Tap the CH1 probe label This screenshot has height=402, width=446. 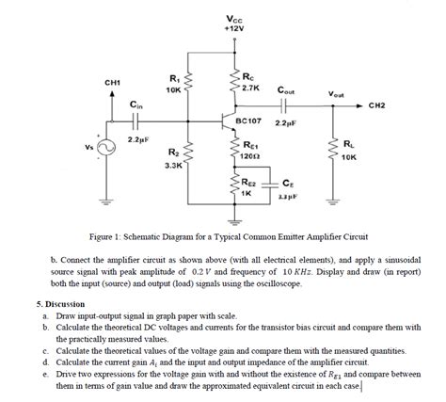click(x=112, y=84)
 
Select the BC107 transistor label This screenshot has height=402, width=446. click(x=248, y=121)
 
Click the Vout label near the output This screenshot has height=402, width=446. click(x=335, y=94)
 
